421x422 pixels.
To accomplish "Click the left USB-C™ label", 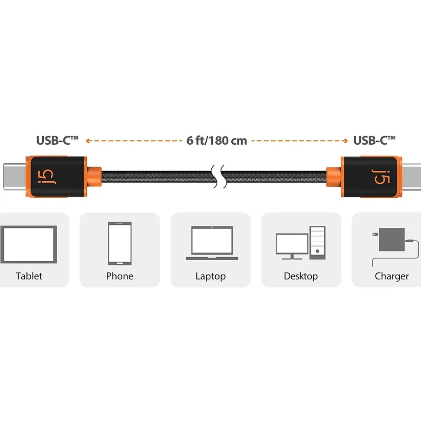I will [57, 140].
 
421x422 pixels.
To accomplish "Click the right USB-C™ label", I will [374, 140].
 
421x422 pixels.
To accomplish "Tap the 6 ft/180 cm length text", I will [217, 140].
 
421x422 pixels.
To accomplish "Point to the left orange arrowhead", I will [87, 140].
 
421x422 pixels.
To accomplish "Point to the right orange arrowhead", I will [346, 140].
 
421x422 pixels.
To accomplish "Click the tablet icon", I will [29, 244].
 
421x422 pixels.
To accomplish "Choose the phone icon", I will [120, 243].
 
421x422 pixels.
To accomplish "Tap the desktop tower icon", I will [317, 243].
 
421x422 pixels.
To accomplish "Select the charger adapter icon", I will [391, 239].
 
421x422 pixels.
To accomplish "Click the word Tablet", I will [29, 276].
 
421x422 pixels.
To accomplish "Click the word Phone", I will [120, 276].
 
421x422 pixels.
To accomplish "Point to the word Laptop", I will [210, 276].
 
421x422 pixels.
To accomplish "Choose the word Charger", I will [391, 276].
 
